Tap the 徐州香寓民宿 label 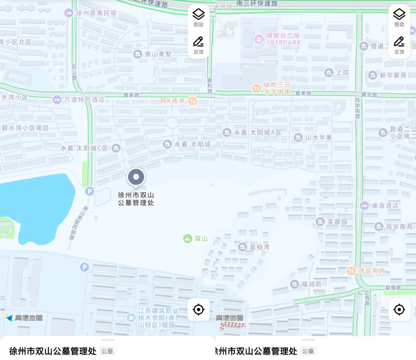point(96,13)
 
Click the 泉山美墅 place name point(158,54)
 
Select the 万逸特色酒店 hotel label point(84,100)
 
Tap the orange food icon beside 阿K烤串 point(192,101)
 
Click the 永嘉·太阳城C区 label point(84,148)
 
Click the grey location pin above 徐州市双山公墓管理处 point(136,177)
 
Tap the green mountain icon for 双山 point(187,238)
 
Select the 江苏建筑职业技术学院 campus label point(158,318)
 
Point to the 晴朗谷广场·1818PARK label point(283,39)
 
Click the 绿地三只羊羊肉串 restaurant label point(276,88)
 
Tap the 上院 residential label point(342,72)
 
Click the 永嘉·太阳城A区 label point(258,132)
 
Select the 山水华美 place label point(318,137)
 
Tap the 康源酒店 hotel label point(385,206)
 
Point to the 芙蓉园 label point(337,222)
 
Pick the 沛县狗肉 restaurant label point(371,271)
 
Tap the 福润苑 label point(311,284)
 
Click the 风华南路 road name point(357,108)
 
